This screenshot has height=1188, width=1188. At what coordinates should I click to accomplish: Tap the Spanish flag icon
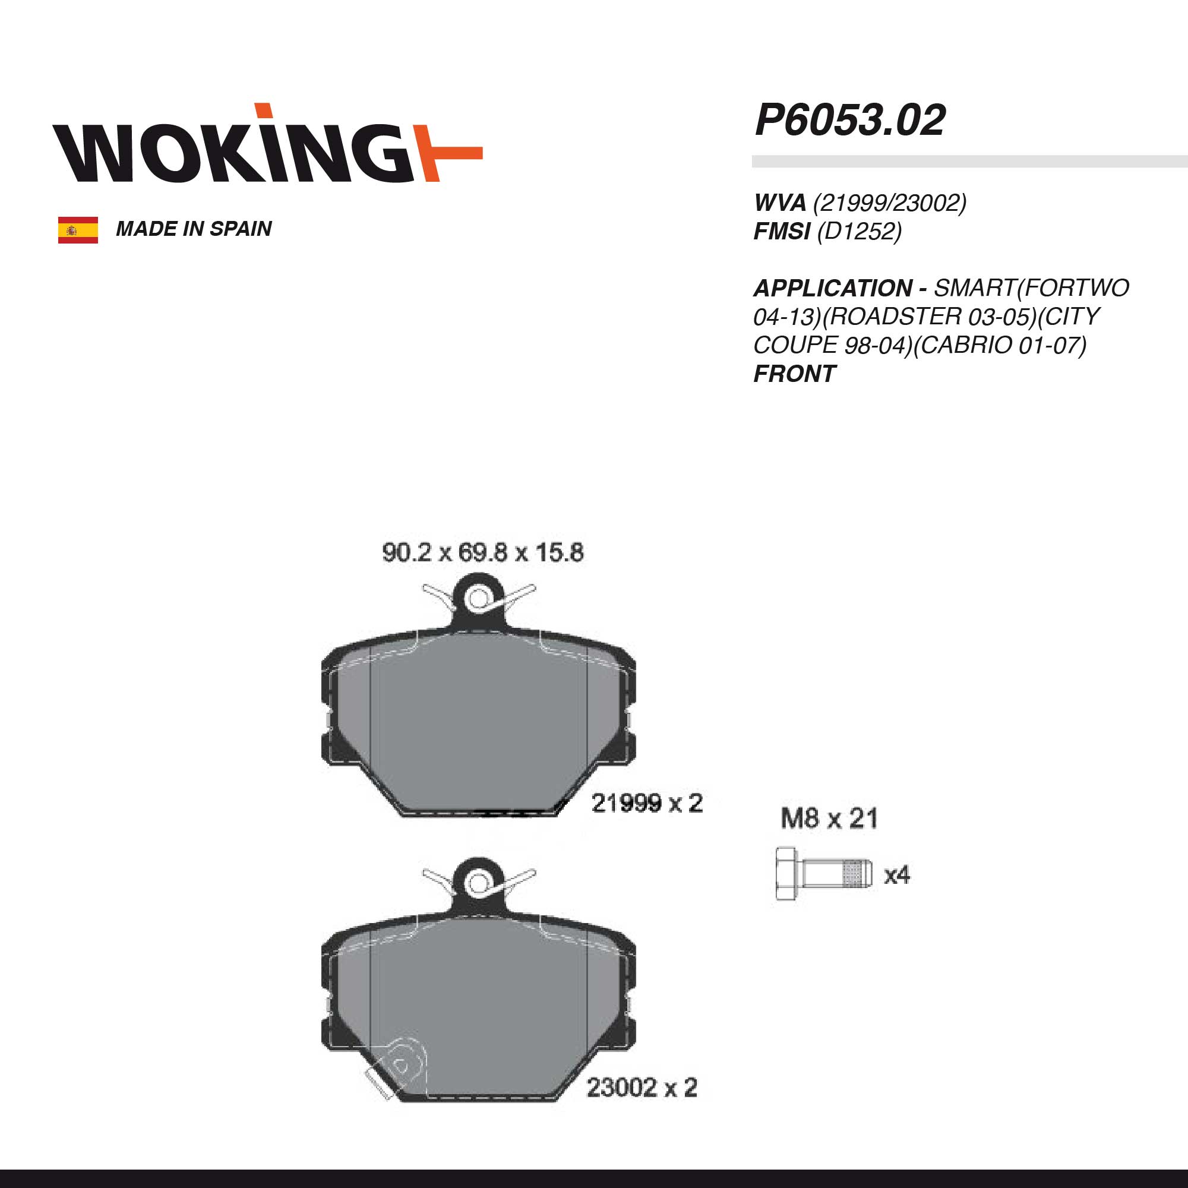coord(78,230)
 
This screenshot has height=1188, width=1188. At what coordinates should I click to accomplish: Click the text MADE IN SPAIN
coord(194,229)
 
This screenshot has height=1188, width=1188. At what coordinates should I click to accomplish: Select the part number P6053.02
coord(850,120)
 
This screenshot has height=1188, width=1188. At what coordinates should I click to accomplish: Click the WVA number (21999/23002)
coord(890,203)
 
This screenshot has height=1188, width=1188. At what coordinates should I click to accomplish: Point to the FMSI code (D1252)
coord(859,231)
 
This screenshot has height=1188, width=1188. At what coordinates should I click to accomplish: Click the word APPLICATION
coord(833,287)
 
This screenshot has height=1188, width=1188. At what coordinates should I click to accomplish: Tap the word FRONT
coord(794,373)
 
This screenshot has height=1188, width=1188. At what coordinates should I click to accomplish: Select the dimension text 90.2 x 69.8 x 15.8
coord(483,552)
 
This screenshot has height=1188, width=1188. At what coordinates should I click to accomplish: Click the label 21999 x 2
coord(647,803)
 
